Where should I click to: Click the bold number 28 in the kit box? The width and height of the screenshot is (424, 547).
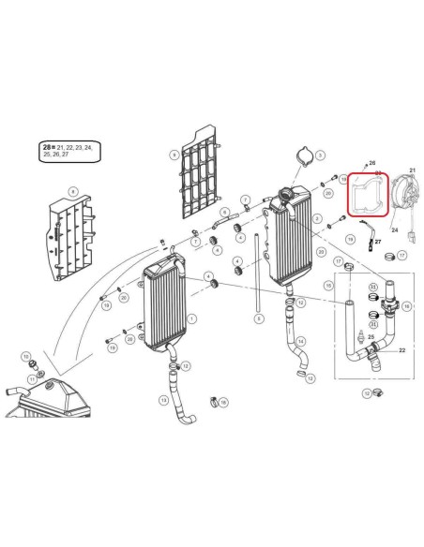pos(48,148)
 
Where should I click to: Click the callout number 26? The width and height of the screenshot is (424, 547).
pos(371,163)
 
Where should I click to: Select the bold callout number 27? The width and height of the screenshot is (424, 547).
pos(379,241)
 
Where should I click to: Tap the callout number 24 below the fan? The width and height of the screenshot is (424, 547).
pos(393,229)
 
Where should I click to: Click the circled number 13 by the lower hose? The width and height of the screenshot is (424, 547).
pos(163,400)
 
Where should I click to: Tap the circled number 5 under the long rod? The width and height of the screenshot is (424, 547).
pos(258,318)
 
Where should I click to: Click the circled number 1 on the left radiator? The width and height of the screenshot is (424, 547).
pos(191,319)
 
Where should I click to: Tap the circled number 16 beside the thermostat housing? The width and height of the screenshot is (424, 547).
pos(405,305)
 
